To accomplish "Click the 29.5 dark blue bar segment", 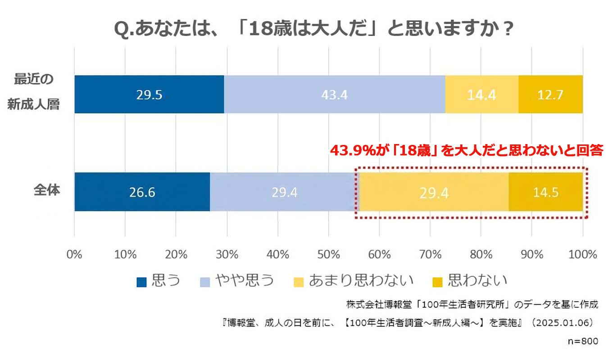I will pyautogui.click(x=149, y=94).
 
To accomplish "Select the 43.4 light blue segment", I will pyautogui.click(x=335, y=94).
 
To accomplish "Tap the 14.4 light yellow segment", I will pyautogui.click(x=481, y=94).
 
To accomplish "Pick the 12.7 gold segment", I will pyautogui.click(x=550, y=94).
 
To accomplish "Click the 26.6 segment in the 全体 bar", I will pyautogui.click(x=142, y=192).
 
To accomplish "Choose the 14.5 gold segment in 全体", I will pyautogui.click(x=545, y=192).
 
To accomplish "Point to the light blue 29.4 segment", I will pyautogui.click(x=284, y=192).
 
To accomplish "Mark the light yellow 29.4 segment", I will pyautogui.click(x=434, y=192).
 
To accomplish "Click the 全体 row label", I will pyautogui.click(x=47, y=190).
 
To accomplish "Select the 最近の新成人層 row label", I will pyautogui.click(x=34, y=93).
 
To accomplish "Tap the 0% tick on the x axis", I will pyautogui.click(x=74, y=254).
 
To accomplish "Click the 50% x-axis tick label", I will pyautogui.click(x=328, y=254).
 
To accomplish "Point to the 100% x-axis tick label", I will pyautogui.click(x=583, y=254).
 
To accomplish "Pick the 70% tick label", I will pyautogui.click(x=430, y=254).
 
